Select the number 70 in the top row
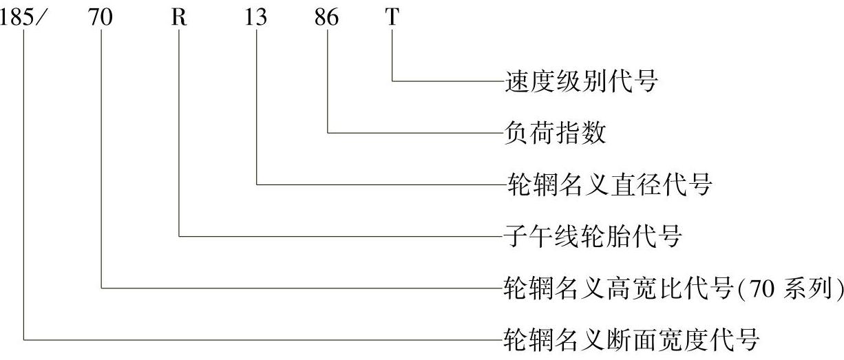pyautogui.click(x=101, y=18)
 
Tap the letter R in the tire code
pyautogui.click(x=179, y=18)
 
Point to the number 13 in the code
pyautogui.click(x=255, y=18)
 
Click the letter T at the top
pyautogui.click(x=392, y=18)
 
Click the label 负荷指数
pyautogui.click(x=555, y=133)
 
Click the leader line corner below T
pyautogui.click(x=392, y=81)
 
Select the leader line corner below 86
pyautogui.click(x=328, y=132)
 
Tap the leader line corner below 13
pyautogui.click(x=257, y=184)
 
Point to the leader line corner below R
pyautogui.click(x=180, y=236)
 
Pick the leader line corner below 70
pyautogui.click(x=102, y=288)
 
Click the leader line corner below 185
pyautogui.click(x=24, y=339)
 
